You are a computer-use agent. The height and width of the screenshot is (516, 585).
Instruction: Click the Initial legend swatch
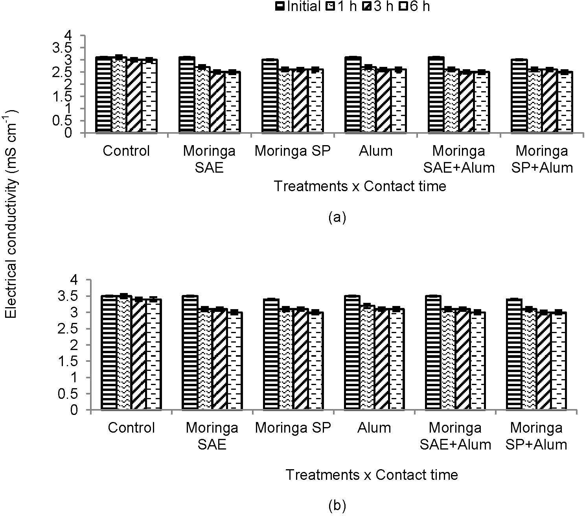281,7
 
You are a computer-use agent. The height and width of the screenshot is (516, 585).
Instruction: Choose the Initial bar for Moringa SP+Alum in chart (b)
514,354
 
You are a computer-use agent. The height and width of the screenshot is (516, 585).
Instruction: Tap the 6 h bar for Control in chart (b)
153,354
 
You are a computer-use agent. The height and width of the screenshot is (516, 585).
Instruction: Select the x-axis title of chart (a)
360,186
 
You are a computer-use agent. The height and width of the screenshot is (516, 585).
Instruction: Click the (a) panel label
337,217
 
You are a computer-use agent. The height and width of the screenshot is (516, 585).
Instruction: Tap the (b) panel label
337,505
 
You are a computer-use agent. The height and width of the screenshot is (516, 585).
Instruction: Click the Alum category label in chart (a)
375,151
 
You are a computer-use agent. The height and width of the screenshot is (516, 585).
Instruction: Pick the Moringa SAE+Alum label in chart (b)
456,436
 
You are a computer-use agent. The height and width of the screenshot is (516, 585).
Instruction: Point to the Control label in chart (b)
131,428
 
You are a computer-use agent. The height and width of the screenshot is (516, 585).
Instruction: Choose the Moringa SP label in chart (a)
293,151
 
